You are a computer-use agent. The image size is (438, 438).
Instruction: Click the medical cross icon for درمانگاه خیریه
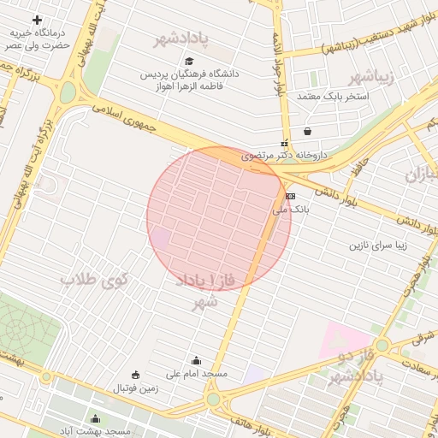37,19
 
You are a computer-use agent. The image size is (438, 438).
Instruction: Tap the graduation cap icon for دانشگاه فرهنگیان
189,61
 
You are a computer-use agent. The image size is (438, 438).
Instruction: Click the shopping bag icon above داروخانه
307,131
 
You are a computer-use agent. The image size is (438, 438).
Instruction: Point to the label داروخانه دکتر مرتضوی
285,156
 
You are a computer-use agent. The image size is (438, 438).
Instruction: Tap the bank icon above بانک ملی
290,196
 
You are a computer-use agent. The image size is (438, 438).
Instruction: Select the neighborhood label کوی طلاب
94,280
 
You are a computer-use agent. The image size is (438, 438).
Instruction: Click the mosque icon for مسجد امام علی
197,361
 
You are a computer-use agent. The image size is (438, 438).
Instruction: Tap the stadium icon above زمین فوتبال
135,375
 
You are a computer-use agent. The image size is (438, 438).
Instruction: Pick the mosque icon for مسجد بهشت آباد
95,418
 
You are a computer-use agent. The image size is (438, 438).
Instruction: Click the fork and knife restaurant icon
285,143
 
